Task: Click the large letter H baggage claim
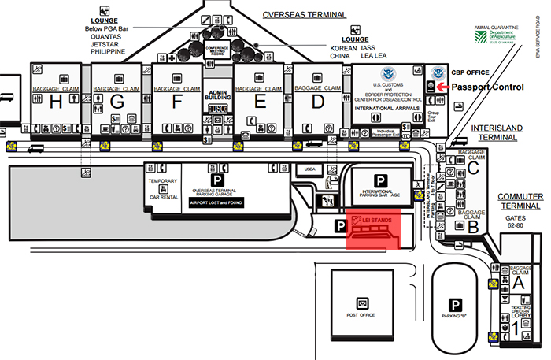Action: click(x=55, y=102)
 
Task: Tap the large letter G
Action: click(x=118, y=102)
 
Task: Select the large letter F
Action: click(x=177, y=102)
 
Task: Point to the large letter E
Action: click(x=258, y=102)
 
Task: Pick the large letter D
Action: click(x=318, y=102)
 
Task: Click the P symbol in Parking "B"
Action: click(x=455, y=305)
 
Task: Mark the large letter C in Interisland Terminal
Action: click(x=473, y=166)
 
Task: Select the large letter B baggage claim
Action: click(x=474, y=226)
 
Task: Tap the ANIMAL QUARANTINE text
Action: click(x=494, y=28)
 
